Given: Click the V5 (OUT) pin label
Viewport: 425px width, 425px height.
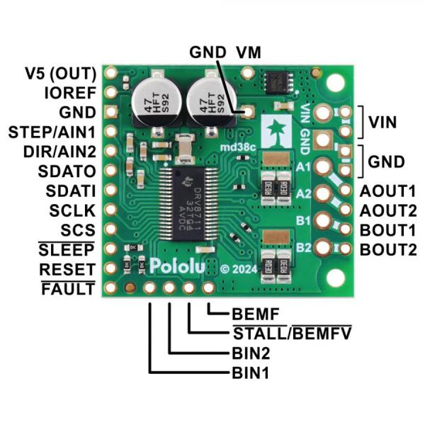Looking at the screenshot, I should pos(60,73).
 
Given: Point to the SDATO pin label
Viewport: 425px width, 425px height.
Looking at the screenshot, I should pos(69,171).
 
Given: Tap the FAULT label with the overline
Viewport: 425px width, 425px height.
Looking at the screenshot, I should pos(68,289).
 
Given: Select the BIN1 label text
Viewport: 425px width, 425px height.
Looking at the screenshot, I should pos(251,370).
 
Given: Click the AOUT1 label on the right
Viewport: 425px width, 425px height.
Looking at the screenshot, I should pos(387,191).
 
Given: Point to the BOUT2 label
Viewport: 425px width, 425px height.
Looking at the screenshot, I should pos(387,249).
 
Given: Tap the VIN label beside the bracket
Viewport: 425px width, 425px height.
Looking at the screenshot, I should pos(387,122).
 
